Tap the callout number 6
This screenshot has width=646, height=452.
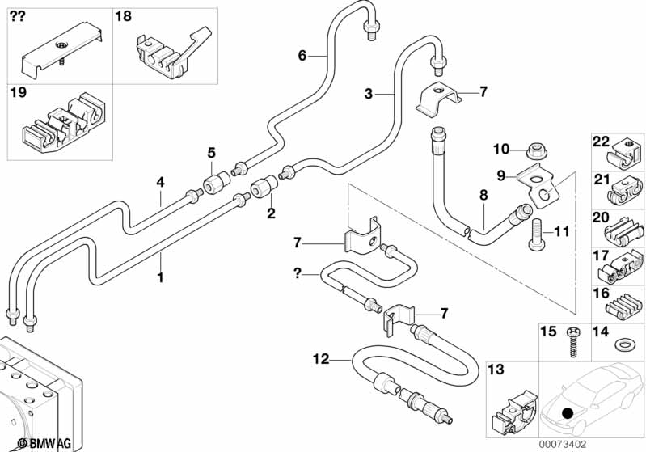coord(302,55)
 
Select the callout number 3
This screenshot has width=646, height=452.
coord(368,95)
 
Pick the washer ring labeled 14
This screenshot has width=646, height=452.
coord(624,346)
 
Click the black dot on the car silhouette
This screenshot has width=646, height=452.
coord(568,412)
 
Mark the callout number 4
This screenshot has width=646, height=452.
coord(160,183)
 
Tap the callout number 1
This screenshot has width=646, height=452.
coord(160,277)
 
